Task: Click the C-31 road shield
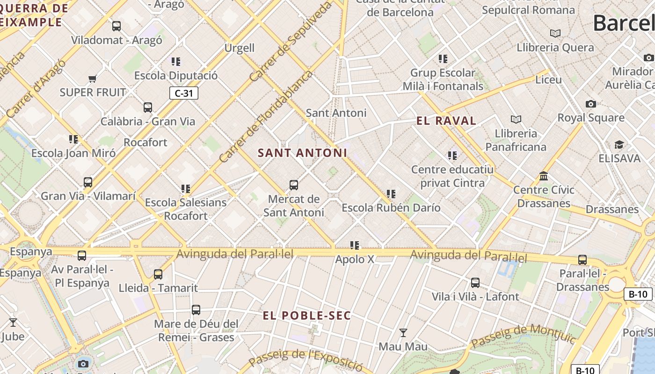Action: [183, 93]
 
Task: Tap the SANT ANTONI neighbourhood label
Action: [302, 153]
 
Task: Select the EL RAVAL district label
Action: [446, 121]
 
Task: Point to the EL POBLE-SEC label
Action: [306, 316]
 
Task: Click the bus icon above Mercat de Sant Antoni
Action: [294, 185]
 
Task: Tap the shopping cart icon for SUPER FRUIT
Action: [92, 79]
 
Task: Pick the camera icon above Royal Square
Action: [591, 104]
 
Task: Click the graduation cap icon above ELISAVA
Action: [619, 145]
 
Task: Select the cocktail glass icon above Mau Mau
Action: [403, 333]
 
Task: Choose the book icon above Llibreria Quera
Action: [555, 34]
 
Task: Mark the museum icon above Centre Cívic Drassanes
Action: [544, 176]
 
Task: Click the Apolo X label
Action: [355, 259]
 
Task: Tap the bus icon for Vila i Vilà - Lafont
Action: [475, 283]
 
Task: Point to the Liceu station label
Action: [548, 79]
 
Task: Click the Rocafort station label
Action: [145, 142]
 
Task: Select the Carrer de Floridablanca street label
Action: [265, 117]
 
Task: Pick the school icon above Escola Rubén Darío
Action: [391, 194]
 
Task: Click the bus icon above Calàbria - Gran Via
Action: [148, 108]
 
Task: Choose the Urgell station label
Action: [240, 48]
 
